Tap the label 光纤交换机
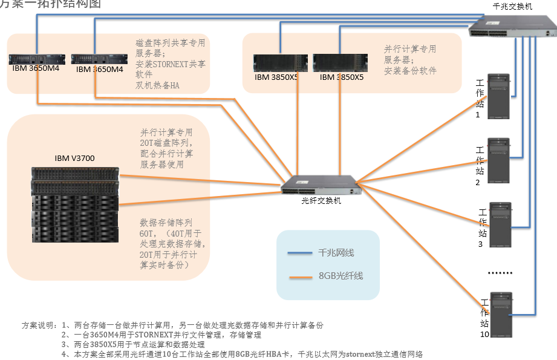coord(321,201)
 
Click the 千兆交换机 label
coord(513,6)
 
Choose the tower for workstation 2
coord(499,160)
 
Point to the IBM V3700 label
coord(74,159)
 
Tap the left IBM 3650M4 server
coord(37,59)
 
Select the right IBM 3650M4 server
coord(99,59)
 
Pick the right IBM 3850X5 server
coord(341,64)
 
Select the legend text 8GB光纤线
coord(341,277)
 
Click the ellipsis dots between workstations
coord(500,273)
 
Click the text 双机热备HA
coord(157,85)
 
